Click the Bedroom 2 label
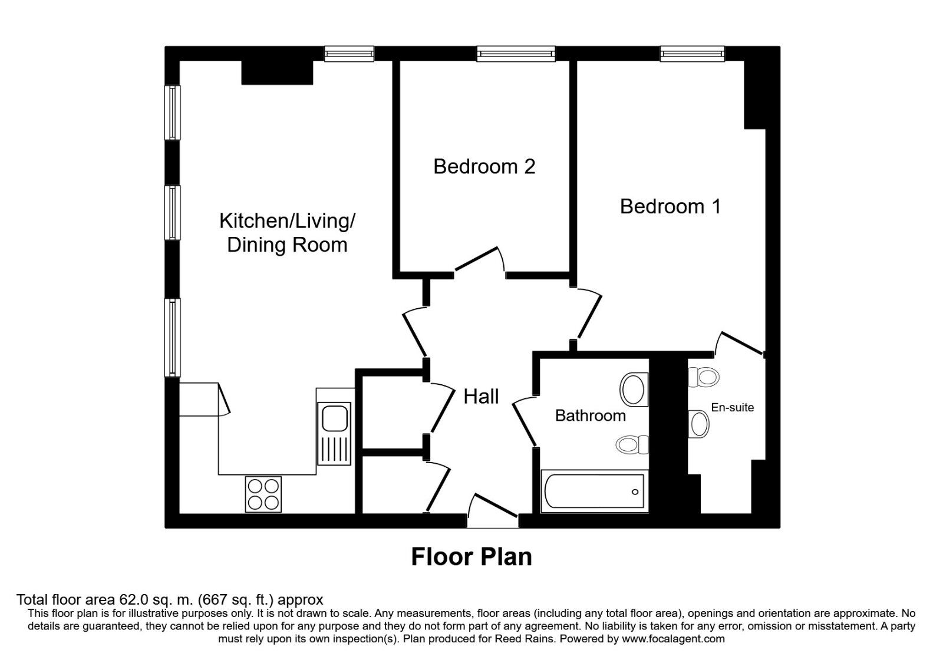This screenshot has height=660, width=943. click(x=484, y=167)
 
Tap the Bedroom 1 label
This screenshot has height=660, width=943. click(x=670, y=206)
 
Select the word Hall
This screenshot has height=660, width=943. click(x=481, y=397)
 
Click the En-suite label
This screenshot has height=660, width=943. click(x=732, y=407)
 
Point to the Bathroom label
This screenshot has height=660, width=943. click(x=590, y=415)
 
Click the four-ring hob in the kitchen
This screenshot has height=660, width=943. click(x=263, y=494)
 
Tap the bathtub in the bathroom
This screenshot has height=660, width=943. click(x=594, y=491)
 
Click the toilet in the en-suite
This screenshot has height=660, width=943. click(x=703, y=377)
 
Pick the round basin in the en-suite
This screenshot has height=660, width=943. click(x=700, y=424)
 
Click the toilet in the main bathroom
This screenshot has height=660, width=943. click(x=632, y=444)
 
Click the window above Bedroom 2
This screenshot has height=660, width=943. click(x=516, y=54)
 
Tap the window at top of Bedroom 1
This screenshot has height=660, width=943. click(x=692, y=54)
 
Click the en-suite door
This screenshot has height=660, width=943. click(x=741, y=344)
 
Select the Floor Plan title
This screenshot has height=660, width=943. click(x=471, y=557)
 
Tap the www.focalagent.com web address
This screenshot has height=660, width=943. click(x=673, y=638)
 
